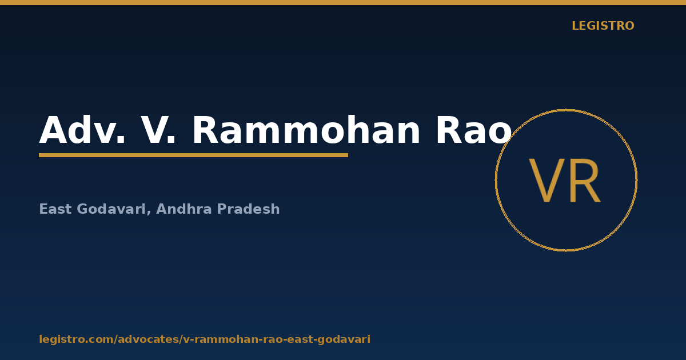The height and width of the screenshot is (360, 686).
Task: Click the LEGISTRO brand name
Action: [603, 26]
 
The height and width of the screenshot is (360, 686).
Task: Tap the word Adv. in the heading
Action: [82, 130]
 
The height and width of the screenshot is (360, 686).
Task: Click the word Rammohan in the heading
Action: [306, 130]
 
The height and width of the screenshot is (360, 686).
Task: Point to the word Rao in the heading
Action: [474, 130]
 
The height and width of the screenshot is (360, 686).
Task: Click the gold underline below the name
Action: [194, 155]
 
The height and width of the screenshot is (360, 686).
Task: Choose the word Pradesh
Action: [248, 209]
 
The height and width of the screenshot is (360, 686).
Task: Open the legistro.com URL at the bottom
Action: [205, 339]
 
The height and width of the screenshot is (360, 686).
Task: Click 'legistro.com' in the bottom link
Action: [76, 339]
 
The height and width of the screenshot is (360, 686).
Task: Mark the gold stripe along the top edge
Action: [343, 2]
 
